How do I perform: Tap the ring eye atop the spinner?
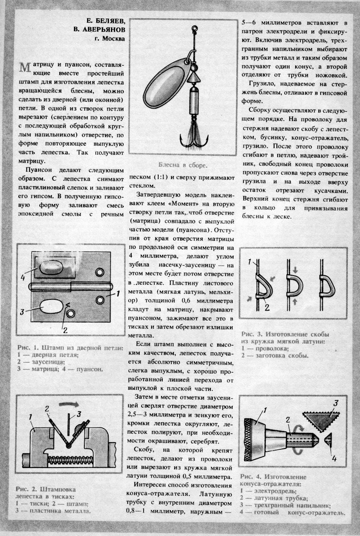coord(195,29)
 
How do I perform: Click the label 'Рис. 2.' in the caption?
coord(25,489)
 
